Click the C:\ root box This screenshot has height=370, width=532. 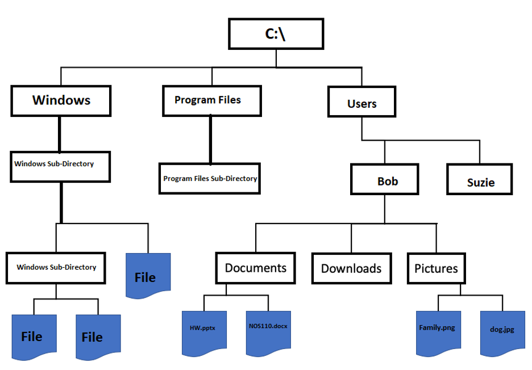click(276, 33)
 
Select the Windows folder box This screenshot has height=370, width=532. click(61, 100)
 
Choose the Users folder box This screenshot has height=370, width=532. click(361, 103)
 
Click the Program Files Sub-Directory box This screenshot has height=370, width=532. click(210, 178)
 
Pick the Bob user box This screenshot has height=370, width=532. click(386, 180)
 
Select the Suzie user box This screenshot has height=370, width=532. click(480, 180)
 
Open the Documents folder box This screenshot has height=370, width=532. click(255, 268)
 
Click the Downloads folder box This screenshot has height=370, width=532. click(351, 268)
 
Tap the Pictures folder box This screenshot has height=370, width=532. click(436, 268)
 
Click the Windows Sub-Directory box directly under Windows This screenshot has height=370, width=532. click(60, 166)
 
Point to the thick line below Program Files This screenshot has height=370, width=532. click(210, 140)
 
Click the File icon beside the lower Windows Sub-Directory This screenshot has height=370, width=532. click(148, 276)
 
